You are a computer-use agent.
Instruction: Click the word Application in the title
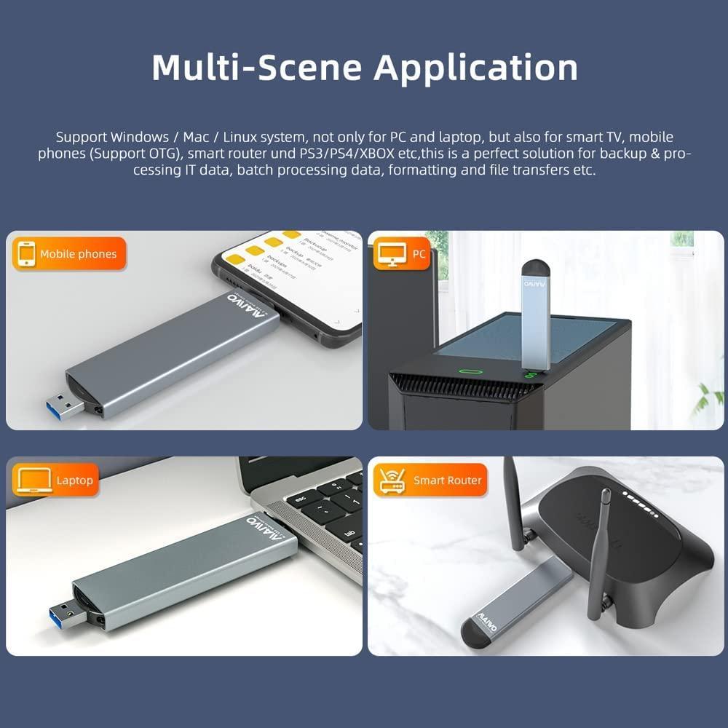coord(475,68)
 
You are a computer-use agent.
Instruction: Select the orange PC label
coord(401,254)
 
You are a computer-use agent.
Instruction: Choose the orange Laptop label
coord(57,480)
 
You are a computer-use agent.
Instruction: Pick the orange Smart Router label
coord(430,480)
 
